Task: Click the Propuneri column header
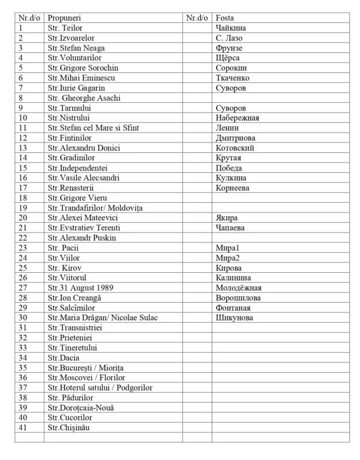(x=65, y=18)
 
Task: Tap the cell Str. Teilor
(x=65, y=28)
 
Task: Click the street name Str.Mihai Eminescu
(x=80, y=78)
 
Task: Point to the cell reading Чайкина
(x=230, y=28)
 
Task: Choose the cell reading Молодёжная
(x=238, y=287)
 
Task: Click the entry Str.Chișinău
(x=69, y=427)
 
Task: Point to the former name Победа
(x=229, y=168)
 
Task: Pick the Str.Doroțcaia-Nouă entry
(x=81, y=407)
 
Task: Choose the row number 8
(x=21, y=98)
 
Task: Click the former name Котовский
(x=235, y=148)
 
